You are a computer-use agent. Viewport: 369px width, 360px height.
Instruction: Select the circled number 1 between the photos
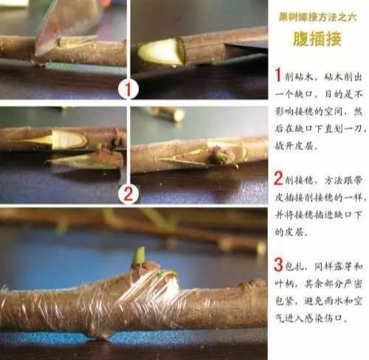(x=128, y=89)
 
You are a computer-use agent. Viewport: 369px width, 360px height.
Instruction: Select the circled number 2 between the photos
(x=128, y=195)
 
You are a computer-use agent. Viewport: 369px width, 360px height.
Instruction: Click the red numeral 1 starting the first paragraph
(x=278, y=75)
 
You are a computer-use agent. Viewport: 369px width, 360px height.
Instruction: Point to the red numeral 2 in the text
(x=278, y=179)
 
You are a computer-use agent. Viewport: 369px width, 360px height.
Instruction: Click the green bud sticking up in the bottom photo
(x=139, y=256)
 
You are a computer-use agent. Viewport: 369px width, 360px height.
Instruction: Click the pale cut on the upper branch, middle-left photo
(x=63, y=138)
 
